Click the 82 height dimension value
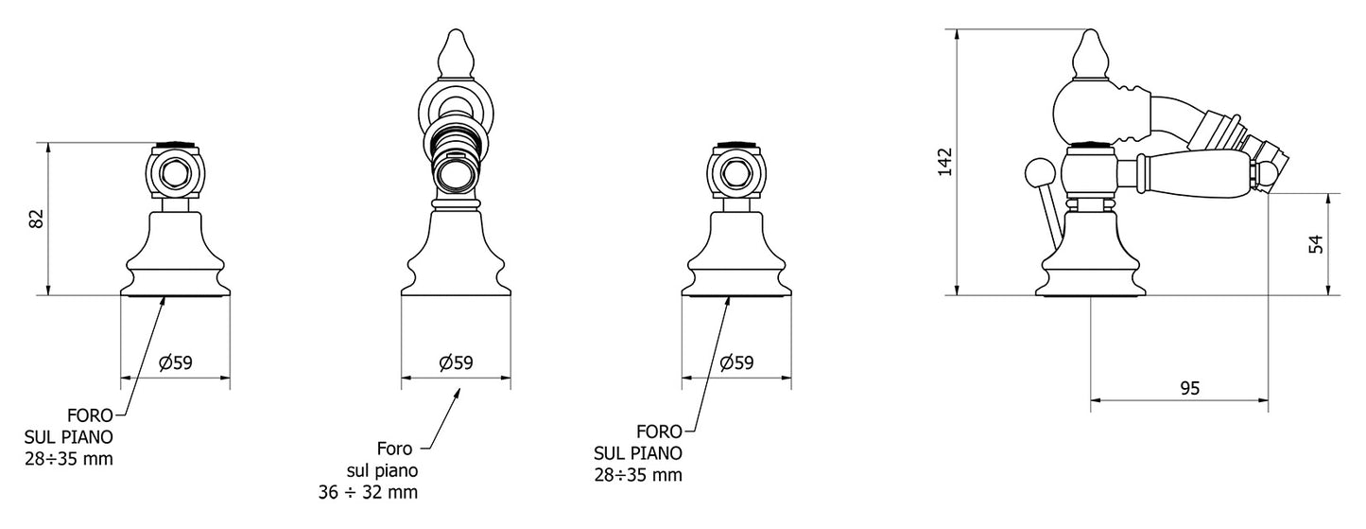click(x=37, y=219)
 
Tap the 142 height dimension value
click(x=944, y=162)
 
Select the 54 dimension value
click(x=1317, y=244)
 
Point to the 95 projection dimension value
click(x=1190, y=388)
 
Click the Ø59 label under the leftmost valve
click(x=176, y=363)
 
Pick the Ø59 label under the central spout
click(x=457, y=363)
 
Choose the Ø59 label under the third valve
click(x=736, y=363)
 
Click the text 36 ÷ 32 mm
click(x=369, y=492)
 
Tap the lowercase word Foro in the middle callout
click(x=394, y=449)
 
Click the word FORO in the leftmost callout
click(x=90, y=415)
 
